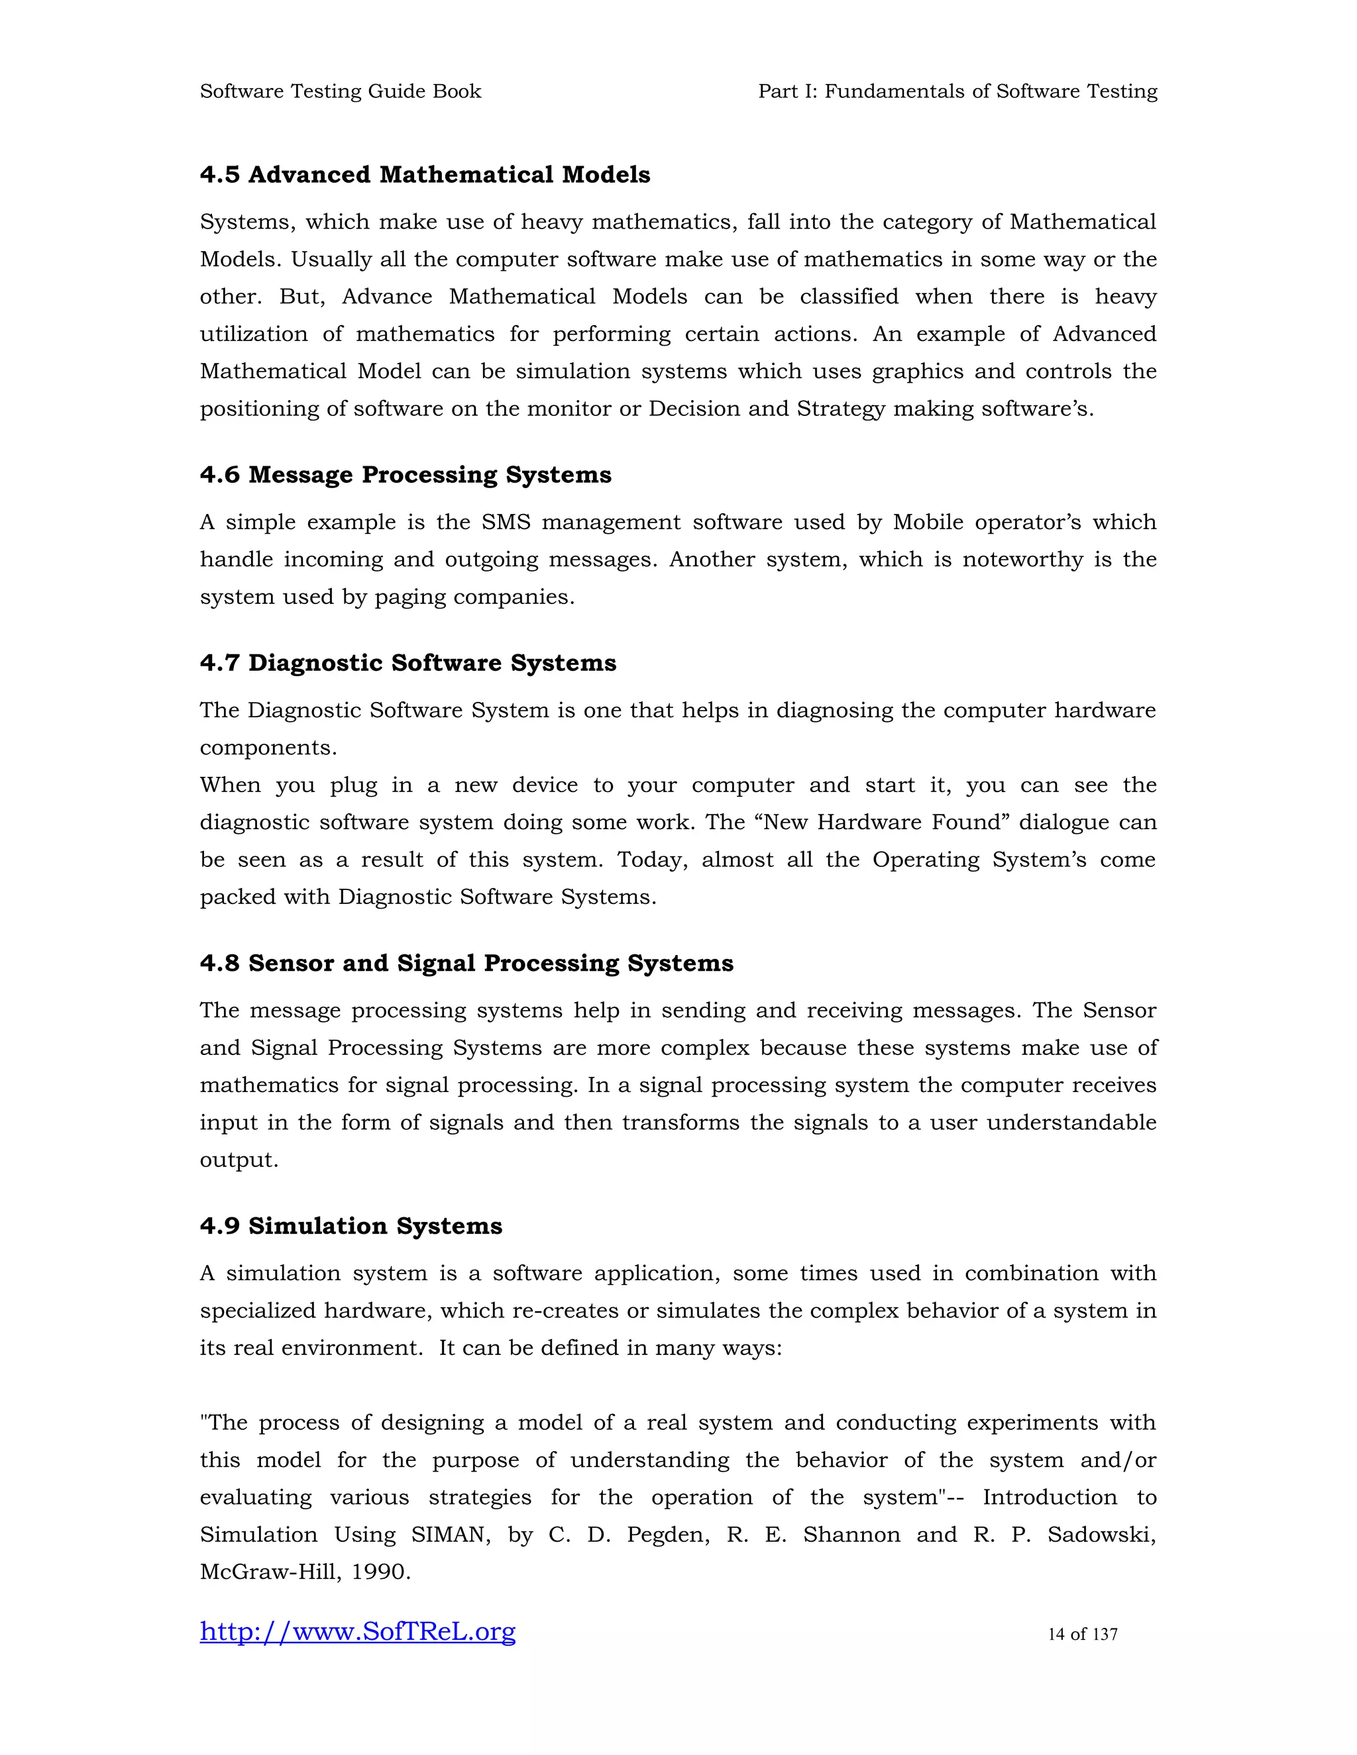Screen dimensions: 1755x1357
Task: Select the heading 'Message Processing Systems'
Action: (x=430, y=475)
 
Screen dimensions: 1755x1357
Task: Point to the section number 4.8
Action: (x=219, y=963)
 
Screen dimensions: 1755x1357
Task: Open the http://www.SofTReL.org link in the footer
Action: (x=358, y=1631)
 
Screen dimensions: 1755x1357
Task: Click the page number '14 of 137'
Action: (x=1082, y=1634)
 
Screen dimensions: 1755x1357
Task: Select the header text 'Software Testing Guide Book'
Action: (x=340, y=91)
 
